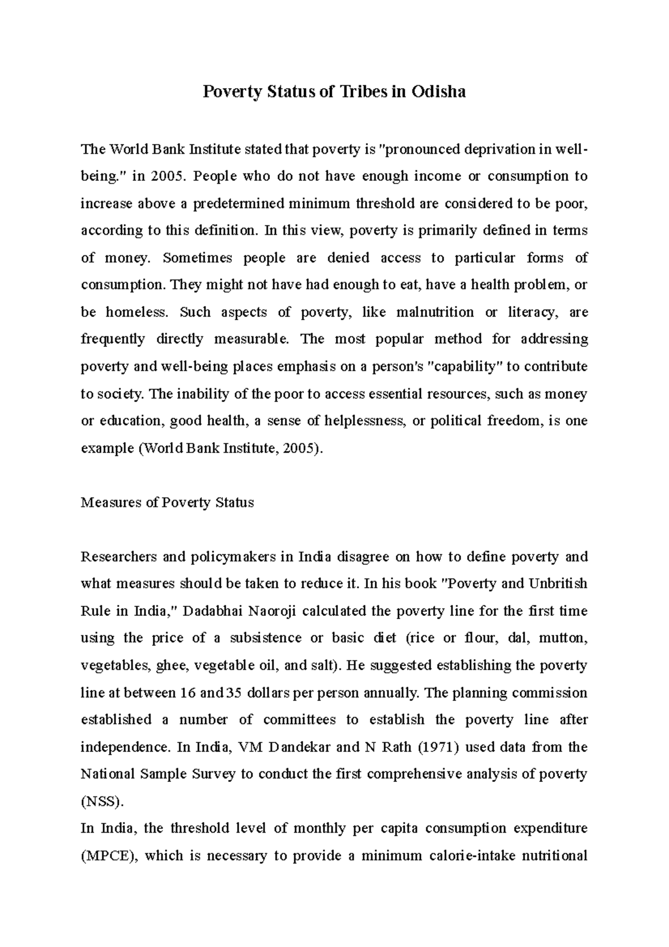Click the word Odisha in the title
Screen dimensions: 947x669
point(438,91)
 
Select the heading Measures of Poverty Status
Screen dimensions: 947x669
point(167,503)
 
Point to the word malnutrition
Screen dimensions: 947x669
point(434,312)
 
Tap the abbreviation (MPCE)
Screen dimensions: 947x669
point(109,856)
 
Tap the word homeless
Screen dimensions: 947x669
point(136,312)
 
